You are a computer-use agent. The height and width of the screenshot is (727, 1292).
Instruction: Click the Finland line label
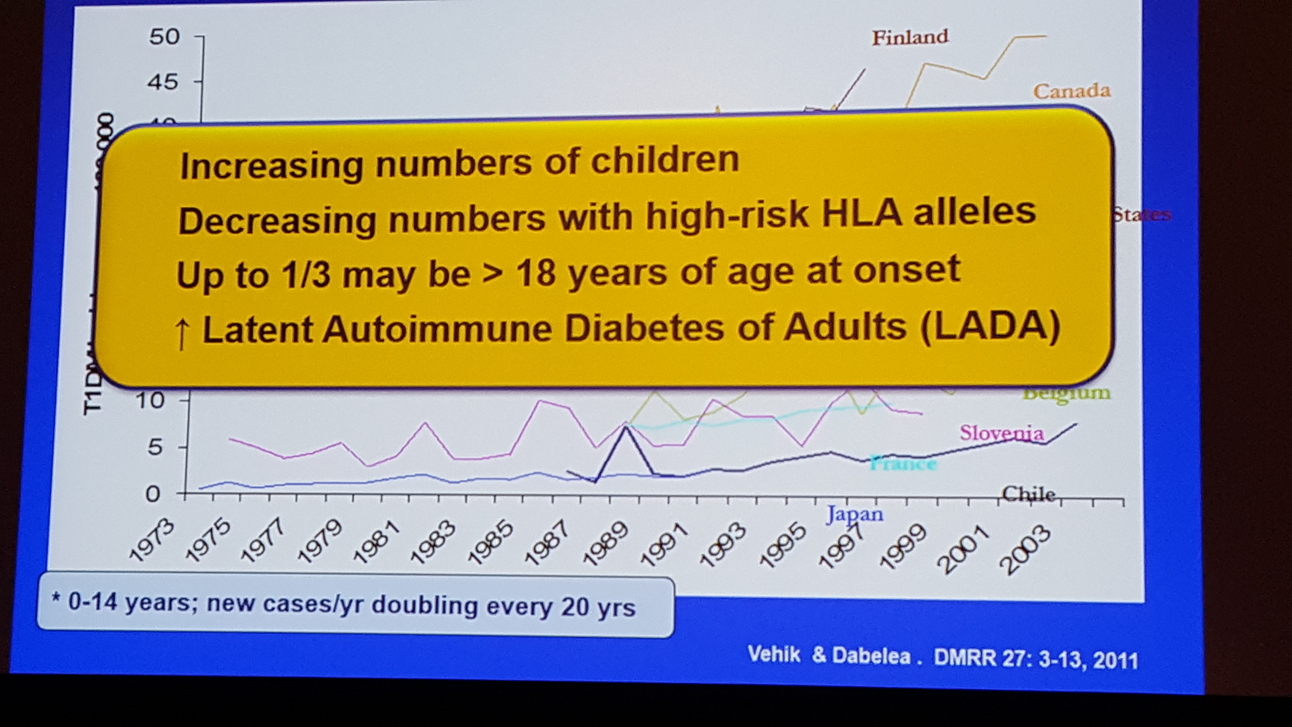click(910, 37)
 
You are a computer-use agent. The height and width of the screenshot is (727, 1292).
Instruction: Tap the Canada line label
click(1072, 91)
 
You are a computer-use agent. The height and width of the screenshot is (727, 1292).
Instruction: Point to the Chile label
click(1028, 494)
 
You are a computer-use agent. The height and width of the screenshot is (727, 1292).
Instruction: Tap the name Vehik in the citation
click(774, 654)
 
